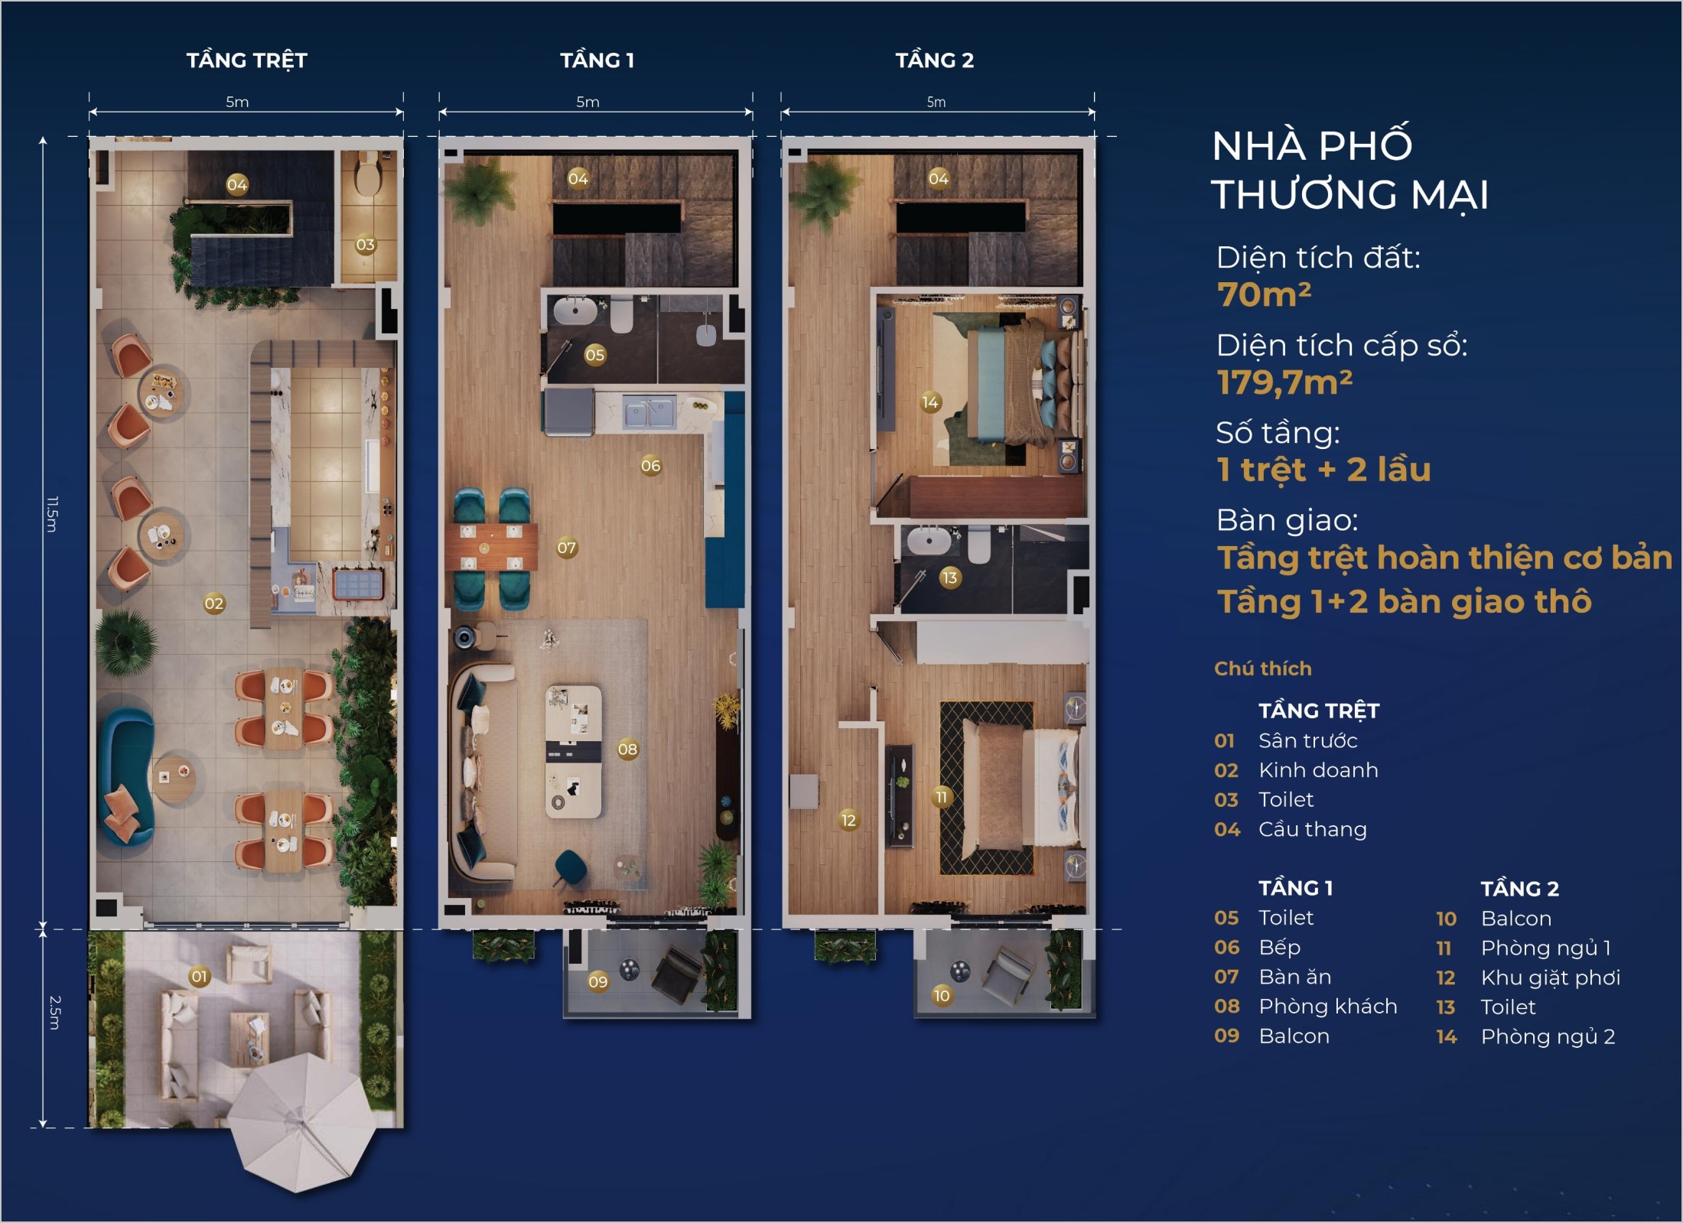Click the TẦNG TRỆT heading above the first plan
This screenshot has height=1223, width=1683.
pos(247,60)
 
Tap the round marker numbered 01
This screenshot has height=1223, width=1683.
pos(200,977)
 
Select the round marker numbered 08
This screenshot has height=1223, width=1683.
pos(628,750)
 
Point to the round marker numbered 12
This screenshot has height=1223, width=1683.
pos(848,821)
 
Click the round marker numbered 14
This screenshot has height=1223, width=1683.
pos(930,402)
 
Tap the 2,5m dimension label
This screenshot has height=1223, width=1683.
pos(54,1013)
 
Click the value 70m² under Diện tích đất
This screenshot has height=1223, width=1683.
pos(1264,294)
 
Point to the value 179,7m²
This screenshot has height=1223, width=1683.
pos(1284,382)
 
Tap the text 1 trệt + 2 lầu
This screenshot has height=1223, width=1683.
pos(1323,469)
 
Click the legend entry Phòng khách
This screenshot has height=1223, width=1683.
pos(1328,1007)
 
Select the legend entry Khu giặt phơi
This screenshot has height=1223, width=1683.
pos(1551,978)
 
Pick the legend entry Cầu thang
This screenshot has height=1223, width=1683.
pos(1313,829)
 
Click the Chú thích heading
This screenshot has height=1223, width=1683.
pos(1263,668)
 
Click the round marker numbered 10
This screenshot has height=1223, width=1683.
pos(942,996)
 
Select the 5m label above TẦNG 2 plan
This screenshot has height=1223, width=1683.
pos(936,102)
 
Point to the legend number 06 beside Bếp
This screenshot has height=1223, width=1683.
pos(1226,948)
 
